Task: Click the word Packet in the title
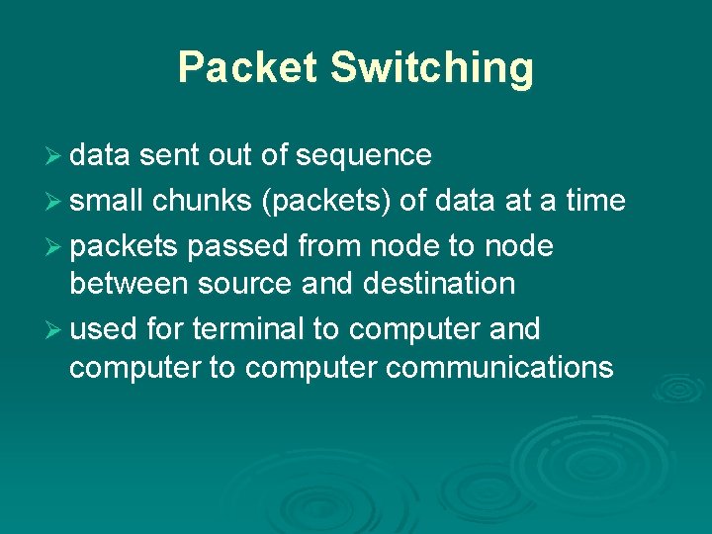click(x=247, y=67)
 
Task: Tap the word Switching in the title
click(x=431, y=67)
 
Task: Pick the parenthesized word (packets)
click(x=327, y=202)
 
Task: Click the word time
click(x=595, y=202)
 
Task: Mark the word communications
click(x=499, y=369)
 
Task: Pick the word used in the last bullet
click(x=103, y=328)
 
